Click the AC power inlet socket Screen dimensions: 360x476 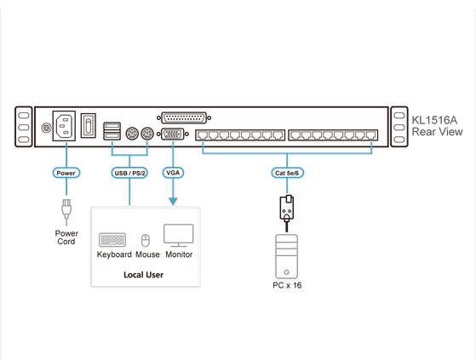(66, 128)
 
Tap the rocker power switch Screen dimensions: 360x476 (88, 128)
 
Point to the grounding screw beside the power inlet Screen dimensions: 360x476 (48, 129)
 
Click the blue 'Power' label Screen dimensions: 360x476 (66, 173)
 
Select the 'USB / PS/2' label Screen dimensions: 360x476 (129, 173)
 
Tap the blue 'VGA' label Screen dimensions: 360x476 (173, 173)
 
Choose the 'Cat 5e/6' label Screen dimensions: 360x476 (287, 173)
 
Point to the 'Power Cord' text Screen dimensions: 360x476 (66, 237)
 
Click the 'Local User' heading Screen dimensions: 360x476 (143, 275)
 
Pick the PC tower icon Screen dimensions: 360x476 (287, 255)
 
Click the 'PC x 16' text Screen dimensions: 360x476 (287, 285)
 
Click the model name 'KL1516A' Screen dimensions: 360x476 (434, 120)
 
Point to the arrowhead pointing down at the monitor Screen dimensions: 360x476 (173, 201)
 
